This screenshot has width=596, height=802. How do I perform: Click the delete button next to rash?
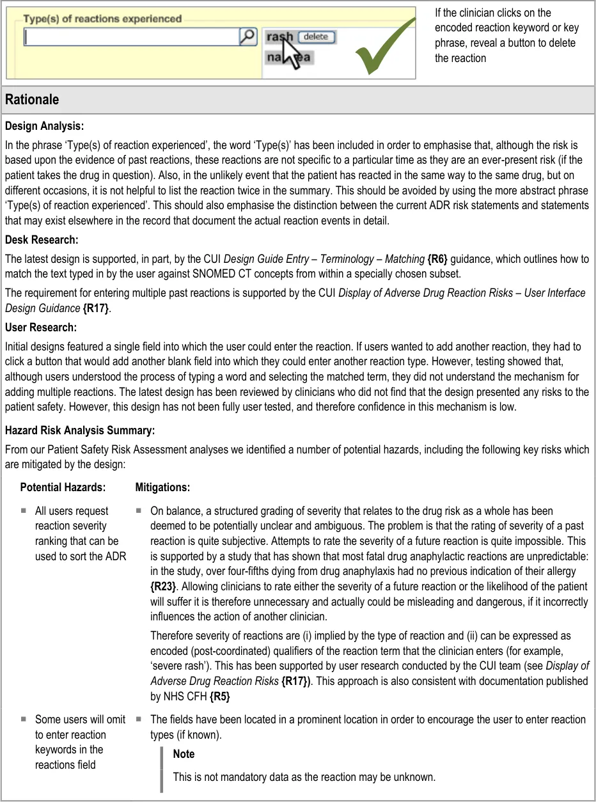[316, 37]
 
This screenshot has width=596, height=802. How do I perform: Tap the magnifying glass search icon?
[247, 37]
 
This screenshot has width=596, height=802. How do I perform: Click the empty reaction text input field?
[130, 38]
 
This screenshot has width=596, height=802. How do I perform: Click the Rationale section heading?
[32, 99]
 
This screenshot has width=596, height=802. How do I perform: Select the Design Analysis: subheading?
[44, 126]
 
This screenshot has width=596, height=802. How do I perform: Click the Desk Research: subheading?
[41, 240]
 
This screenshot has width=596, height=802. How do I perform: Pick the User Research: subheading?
[40, 327]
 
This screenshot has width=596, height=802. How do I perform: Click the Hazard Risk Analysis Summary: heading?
[79, 430]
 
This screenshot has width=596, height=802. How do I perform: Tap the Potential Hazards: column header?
[63, 487]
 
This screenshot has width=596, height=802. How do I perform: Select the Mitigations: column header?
[162, 487]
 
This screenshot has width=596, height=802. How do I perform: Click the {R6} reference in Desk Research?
[437, 259]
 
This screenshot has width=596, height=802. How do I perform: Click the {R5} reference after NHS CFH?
[219, 696]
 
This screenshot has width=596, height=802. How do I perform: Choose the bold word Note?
[184, 754]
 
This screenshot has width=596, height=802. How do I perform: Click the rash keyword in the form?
[279, 37]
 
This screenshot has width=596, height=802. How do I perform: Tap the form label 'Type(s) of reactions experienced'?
[102, 19]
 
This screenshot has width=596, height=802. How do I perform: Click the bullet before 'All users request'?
[23, 511]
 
